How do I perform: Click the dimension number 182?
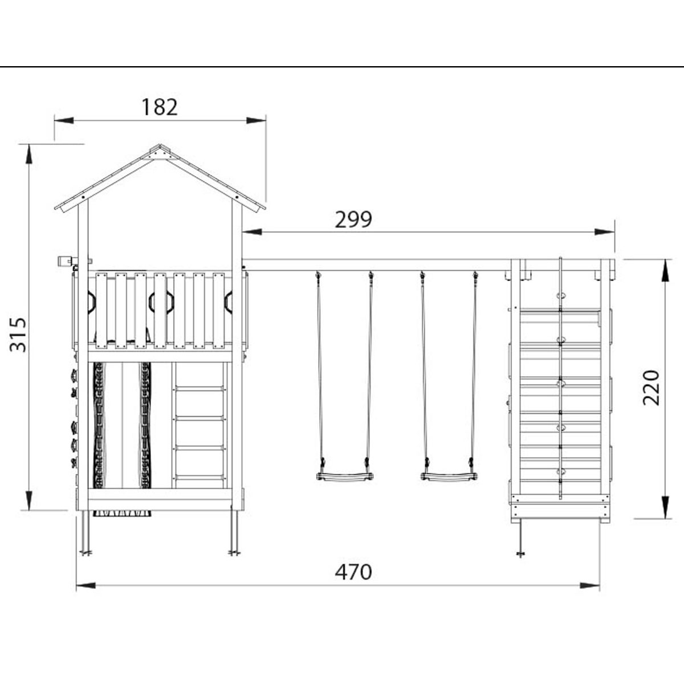click(x=160, y=107)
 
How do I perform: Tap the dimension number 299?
click(x=353, y=219)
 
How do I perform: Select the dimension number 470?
click(x=353, y=572)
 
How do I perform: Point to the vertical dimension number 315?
click(x=18, y=335)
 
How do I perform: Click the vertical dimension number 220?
click(x=652, y=388)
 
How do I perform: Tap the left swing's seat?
click(x=344, y=476)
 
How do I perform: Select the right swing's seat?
click(x=449, y=476)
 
